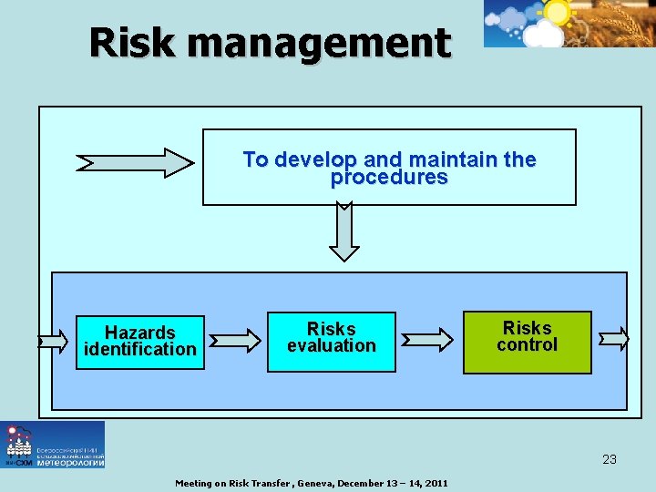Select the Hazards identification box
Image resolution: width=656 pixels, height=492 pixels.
coord(139,341)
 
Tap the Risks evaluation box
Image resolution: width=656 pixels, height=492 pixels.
coord(331,341)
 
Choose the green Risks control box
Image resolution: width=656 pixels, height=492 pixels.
coord(527,342)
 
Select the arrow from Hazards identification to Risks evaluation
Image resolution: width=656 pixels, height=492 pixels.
coord(235,341)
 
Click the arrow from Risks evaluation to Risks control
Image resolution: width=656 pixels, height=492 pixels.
coord(428,341)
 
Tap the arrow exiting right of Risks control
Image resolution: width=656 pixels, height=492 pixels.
coord(614,339)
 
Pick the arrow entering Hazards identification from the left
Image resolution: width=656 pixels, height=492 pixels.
coord(52,342)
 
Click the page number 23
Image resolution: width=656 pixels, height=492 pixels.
coord(610,459)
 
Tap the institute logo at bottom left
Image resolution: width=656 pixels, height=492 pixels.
coord(53,445)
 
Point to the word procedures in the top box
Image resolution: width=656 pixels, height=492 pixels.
coord(389,178)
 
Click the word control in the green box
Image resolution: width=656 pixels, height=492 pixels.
coord(527,344)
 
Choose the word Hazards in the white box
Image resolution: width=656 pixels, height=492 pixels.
coord(139,333)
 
